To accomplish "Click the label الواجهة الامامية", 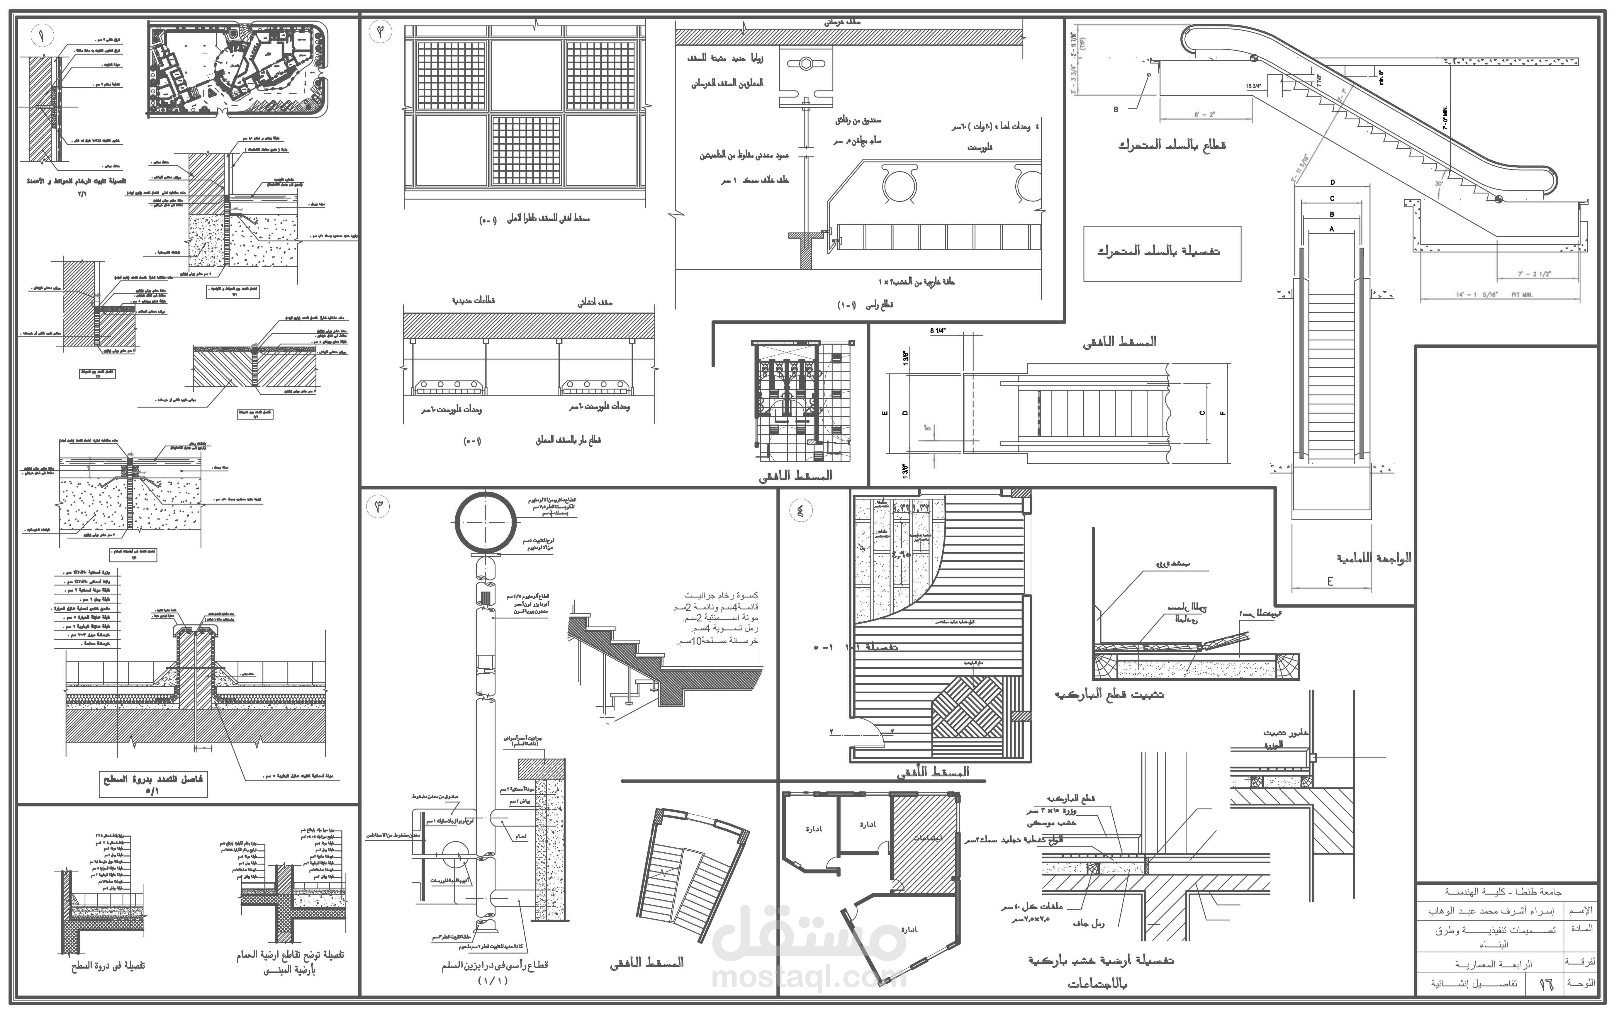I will coord(1374,558).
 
